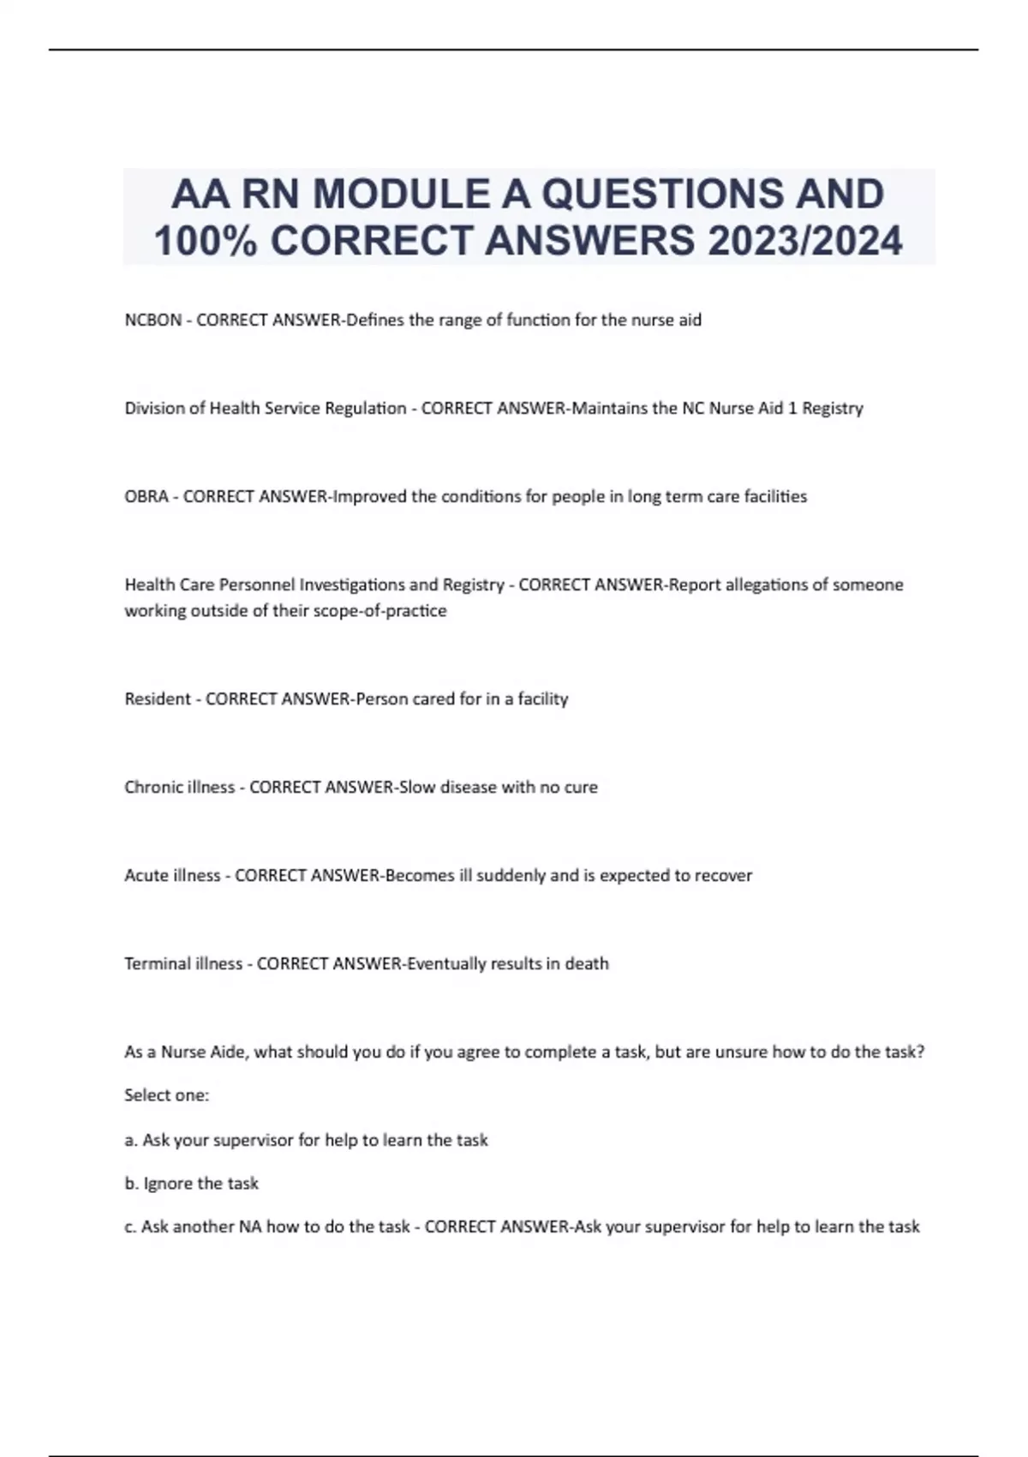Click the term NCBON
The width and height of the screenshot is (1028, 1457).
153,321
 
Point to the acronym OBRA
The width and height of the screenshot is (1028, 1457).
146,497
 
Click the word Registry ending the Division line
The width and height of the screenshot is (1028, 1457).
832,409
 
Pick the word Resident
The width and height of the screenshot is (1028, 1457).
158,699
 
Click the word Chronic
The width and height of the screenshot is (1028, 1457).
151,788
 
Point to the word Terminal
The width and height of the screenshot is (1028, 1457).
157,964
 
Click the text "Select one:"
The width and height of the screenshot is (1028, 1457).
167,1095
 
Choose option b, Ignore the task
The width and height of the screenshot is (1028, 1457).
192,1184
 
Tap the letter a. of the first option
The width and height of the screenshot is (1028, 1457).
131,1141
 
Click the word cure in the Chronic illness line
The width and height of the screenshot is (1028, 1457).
581,788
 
